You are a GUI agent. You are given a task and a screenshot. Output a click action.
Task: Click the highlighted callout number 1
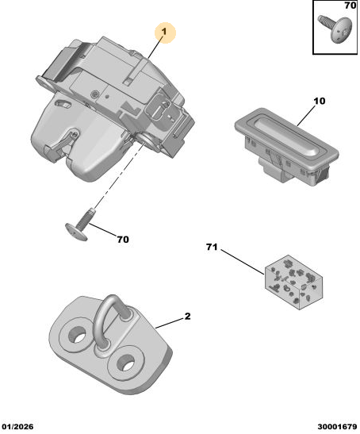[165, 32]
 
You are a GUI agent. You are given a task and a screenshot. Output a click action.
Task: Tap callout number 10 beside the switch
[320, 101]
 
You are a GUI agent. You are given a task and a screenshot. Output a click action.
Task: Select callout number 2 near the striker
[188, 316]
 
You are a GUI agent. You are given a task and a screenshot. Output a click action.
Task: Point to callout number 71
[212, 247]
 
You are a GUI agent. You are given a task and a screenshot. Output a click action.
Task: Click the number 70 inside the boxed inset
[350, 6]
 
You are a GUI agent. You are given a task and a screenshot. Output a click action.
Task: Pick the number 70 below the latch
[123, 239]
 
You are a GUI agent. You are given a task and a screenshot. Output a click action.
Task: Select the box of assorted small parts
[293, 282]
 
